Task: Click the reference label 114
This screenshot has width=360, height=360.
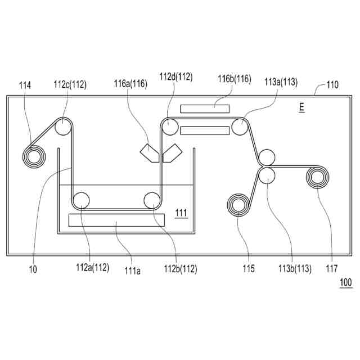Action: (x=25, y=85)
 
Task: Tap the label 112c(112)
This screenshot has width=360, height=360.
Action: (x=70, y=85)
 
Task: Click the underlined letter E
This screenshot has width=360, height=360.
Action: (x=302, y=107)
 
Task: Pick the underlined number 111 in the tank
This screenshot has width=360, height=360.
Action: (x=181, y=213)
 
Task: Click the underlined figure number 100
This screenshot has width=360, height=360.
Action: (x=345, y=282)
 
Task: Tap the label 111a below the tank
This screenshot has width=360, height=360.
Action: (x=133, y=271)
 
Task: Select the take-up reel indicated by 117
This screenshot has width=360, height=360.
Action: (x=317, y=178)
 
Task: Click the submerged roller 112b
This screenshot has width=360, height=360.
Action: (x=152, y=200)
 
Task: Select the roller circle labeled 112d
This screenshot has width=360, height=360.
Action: (x=170, y=128)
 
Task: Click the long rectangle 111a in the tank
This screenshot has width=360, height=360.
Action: (x=116, y=220)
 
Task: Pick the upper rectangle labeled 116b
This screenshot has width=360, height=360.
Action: (x=205, y=108)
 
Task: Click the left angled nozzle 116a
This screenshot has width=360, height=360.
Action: (x=148, y=152)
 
